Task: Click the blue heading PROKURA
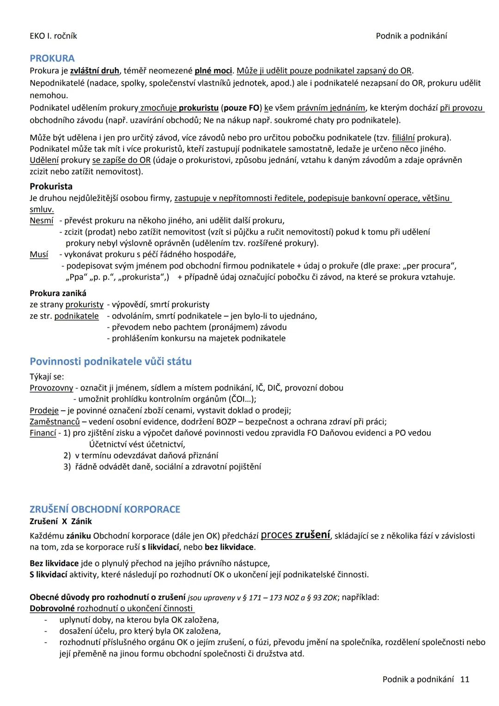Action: [x=52, y=58]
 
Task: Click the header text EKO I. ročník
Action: [x=53, y=36]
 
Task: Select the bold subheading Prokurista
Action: [x=51, y=186]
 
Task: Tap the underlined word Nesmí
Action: [x=42, y=221]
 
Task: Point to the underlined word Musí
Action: [x=39, y=254]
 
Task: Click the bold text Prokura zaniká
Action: [x=58, y=293]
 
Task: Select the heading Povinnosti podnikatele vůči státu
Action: [x=110, y=361]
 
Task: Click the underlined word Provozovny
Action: [x=51, y=388]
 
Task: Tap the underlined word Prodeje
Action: [x=44, y=410]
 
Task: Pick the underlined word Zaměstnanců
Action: [x=55, y=421]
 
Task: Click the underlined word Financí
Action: [x=43, y=433]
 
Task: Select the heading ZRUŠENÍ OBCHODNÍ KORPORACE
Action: [x=105, y=509]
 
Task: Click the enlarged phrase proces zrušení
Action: [x=295, y=535]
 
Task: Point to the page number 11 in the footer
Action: [x=465, y=679]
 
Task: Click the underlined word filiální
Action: [x=403, y=138]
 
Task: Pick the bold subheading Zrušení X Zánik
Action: [x=61, y=521]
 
